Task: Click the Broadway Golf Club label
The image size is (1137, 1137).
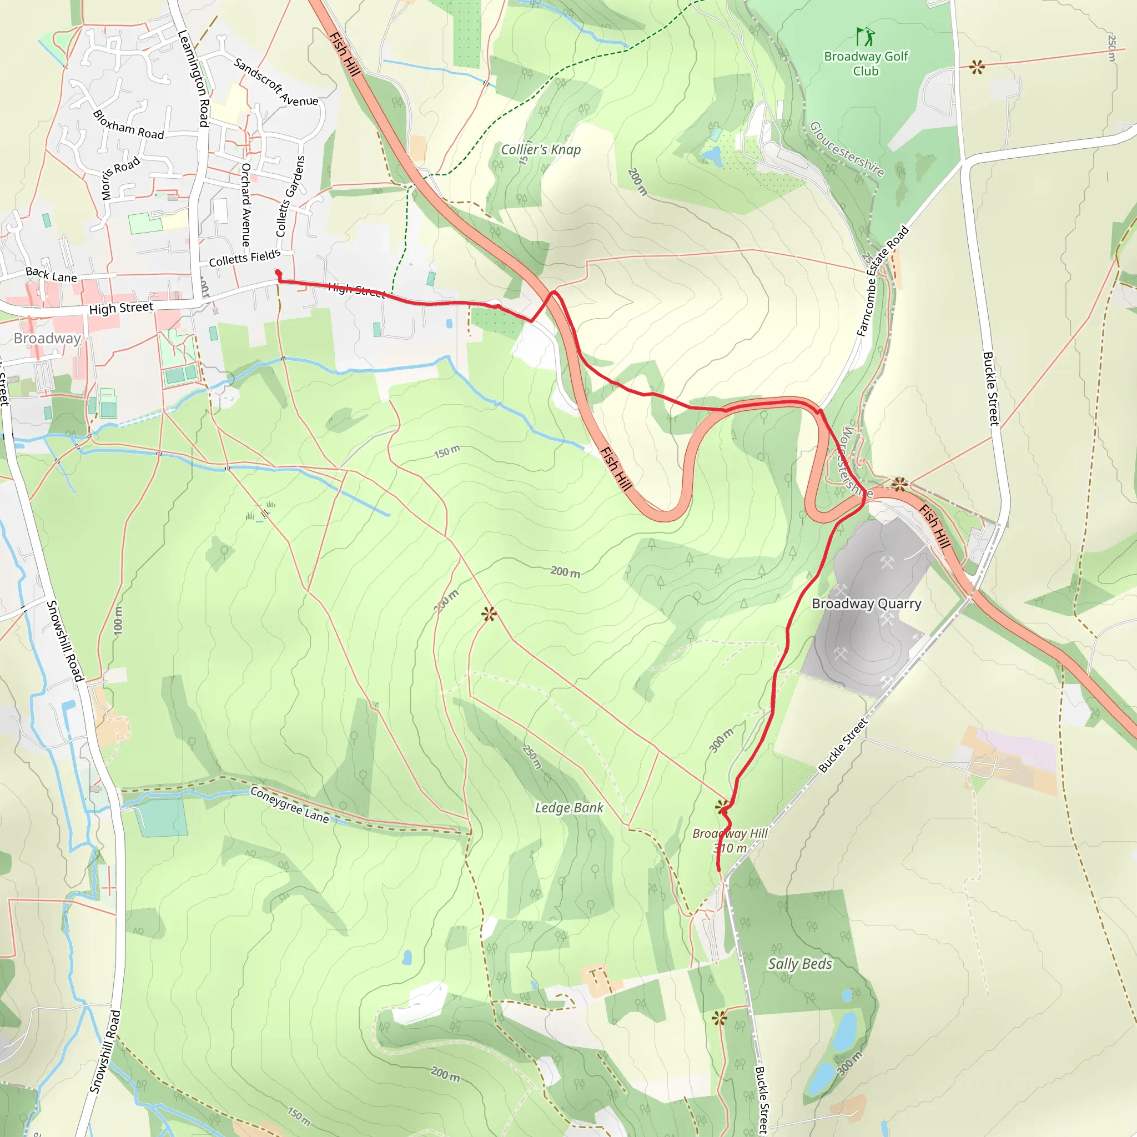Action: tap(866, 63)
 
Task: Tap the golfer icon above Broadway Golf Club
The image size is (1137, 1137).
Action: tap(865, 37)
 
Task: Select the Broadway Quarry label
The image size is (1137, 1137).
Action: tap(866, 603)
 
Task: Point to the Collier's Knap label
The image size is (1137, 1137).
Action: tap(540, 149)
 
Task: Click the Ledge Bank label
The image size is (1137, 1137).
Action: tap(568, 807)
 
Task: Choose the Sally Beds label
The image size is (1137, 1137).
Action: tap(800, 963)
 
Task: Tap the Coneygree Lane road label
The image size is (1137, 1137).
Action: tap(290, 804)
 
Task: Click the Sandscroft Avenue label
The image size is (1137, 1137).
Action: tap(275, 82)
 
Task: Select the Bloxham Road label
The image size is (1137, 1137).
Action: tap(128, 125)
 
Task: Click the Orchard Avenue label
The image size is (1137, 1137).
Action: tap(246, 205)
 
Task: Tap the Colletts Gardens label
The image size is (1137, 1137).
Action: tap(290, 197)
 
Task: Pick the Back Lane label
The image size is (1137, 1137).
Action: tap(51, 274)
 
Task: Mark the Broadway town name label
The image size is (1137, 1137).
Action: tap(47, 339)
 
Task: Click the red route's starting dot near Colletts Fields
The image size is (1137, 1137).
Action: tap(278, 273)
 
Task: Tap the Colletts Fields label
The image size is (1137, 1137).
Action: tap(244, 258)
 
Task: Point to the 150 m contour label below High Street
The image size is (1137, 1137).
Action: tap(447, 452)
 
